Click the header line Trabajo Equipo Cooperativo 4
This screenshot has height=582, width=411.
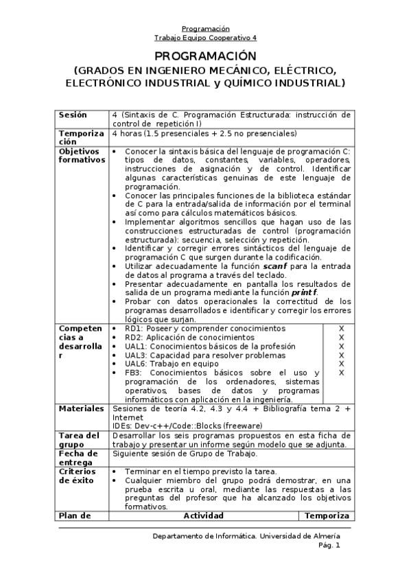pos(205,38)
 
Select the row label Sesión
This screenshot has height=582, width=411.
pos(73,115)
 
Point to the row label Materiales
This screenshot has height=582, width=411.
pos(81,408)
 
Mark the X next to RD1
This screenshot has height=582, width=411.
pos(341,329)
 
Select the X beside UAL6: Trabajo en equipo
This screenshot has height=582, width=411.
pos(341,364)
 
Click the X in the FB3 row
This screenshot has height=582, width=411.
pos(341,373)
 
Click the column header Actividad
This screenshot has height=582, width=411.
pos(204,515)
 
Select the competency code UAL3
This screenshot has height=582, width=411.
pos(135,355)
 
